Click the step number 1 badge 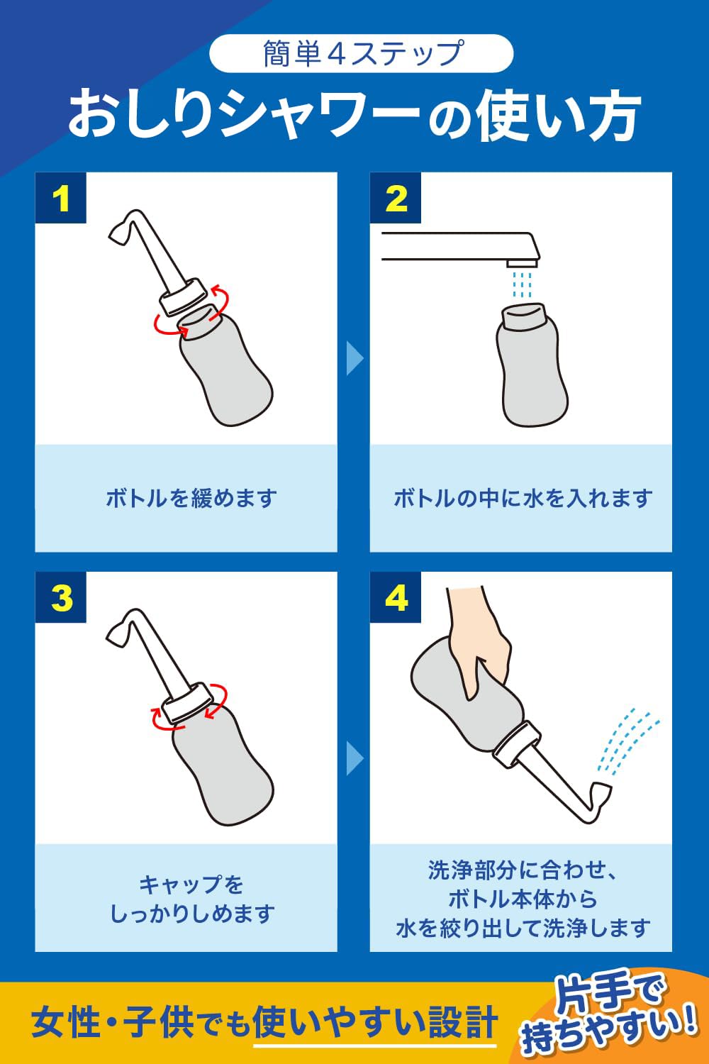(x=61, y=198)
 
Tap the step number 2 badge (x=396, y=198)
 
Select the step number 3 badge (x=61, y=597)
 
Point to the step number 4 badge (x=396, y=597)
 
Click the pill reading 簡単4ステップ (x=362, y=53)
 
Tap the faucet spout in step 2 (x=461, y=247)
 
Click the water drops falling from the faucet (x=521, y=284)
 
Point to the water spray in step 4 (x=627, y=743)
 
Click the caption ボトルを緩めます (x=191, y=498)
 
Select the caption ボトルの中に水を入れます (x=522, y=498)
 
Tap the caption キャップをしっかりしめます (x=191, y=899)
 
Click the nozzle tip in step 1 (x=117, y=238)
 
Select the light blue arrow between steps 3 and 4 (x=354, y=758)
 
